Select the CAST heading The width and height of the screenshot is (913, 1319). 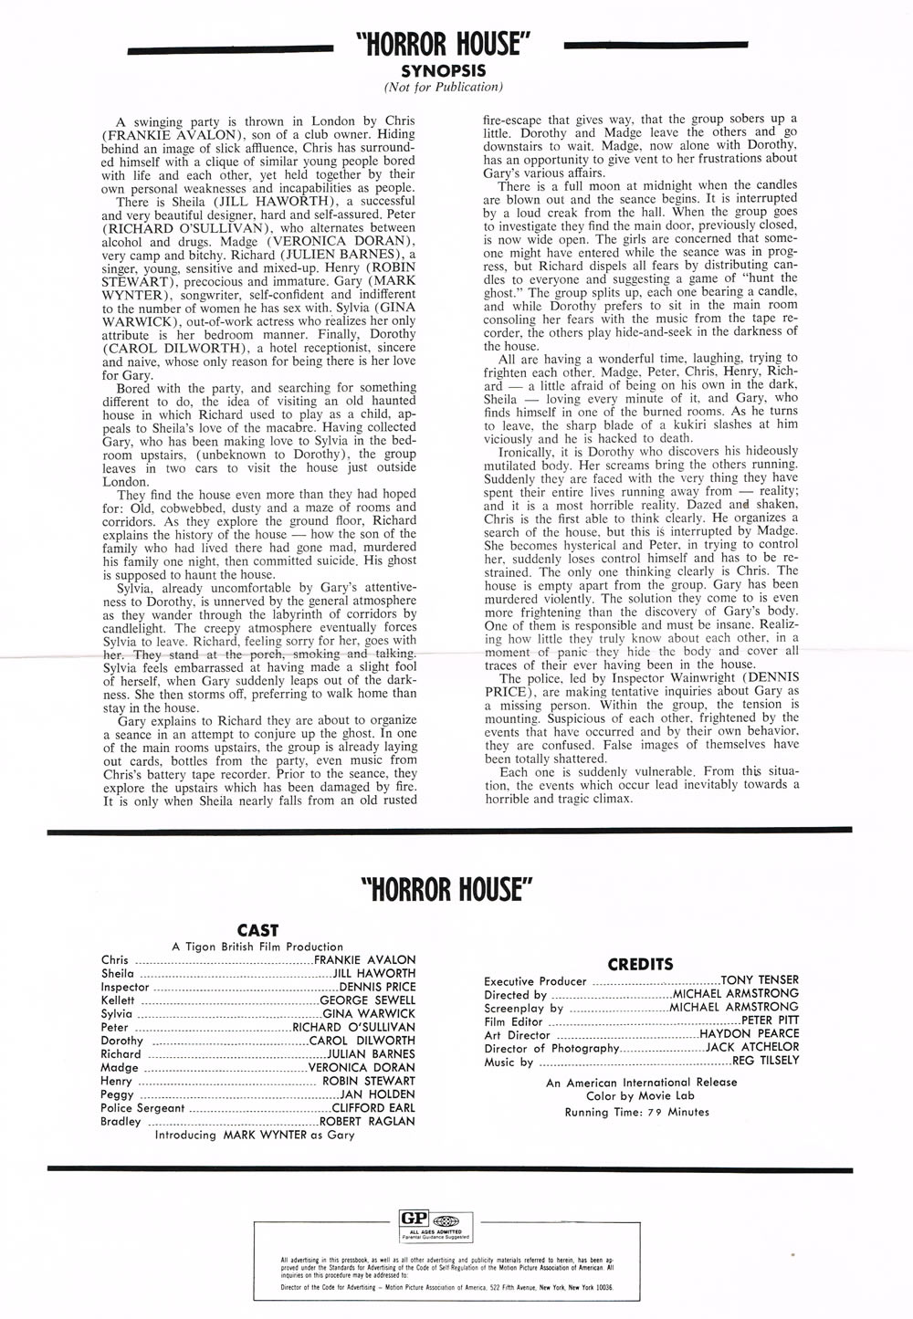pyautogui.click(x=257, y=930)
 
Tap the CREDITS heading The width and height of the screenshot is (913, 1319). pyautogui.click(x=640, y=964)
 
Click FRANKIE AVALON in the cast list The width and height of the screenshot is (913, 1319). pyautogui.click(x=364, y=960)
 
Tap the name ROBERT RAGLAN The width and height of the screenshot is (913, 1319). pyautogui.click(x=367, y=1121)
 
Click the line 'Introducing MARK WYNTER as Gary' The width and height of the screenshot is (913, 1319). pyautogui.click(x=255, y=1135)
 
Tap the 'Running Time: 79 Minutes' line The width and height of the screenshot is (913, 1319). pyautogui.click(x=636, y=1112)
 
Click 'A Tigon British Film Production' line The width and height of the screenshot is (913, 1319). pyautogui.click(x=257, y=947)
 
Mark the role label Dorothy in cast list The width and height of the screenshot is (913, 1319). pyautogui.click(x=121, y=1041)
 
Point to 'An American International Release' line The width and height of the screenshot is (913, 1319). pyautogui.click(x=641, y=1083)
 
